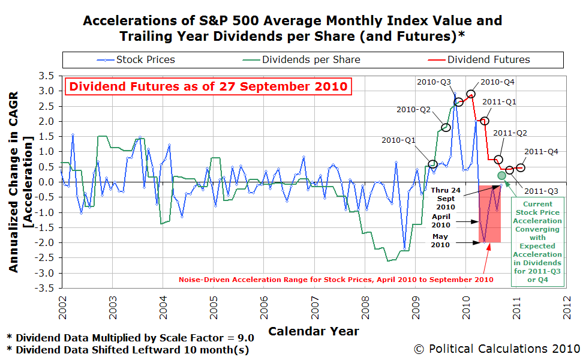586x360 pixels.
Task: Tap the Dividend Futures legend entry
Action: [x=480, y=59]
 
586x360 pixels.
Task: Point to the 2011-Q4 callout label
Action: [x=541, y=152]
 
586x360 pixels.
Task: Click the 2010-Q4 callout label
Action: [x=498, y=82]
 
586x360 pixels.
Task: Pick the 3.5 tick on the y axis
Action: [x=50, y=76]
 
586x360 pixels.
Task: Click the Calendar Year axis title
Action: [x=314, y=331]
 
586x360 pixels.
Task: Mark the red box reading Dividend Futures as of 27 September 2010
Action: [x=208, y=86]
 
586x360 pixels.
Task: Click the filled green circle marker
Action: [x=501, y=175]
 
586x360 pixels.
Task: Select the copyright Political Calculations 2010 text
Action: [x=497, y=349]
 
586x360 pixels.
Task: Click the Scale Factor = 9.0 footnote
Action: [x=130, y=337]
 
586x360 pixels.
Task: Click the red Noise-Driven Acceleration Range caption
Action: [x=336, y=280]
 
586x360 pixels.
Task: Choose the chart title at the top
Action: [x=292, y=28]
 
